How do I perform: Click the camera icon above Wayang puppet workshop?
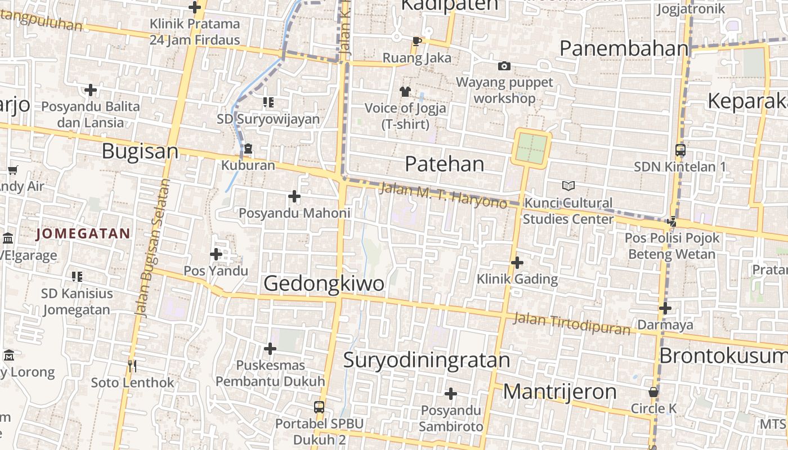(504, 66)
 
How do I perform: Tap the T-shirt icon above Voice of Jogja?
(405, 91)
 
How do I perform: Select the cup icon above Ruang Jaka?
(417, 41)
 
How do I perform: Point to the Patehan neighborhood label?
(444, 164)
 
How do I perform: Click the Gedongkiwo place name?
(324, 283)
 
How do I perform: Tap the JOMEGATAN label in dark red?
(83, 233)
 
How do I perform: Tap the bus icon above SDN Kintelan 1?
(680, 150)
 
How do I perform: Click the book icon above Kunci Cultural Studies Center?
(568, 186)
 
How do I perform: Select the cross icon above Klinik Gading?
(517, 262)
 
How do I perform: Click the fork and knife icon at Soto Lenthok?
(132, 366)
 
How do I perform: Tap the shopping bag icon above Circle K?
(653, 392)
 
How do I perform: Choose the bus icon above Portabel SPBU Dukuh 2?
(319, 407)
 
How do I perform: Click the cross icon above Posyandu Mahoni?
(294, 196)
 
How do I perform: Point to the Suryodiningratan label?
(426, 360)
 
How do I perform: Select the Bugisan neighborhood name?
(140, 151)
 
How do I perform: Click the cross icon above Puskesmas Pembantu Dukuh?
(270, 349)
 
